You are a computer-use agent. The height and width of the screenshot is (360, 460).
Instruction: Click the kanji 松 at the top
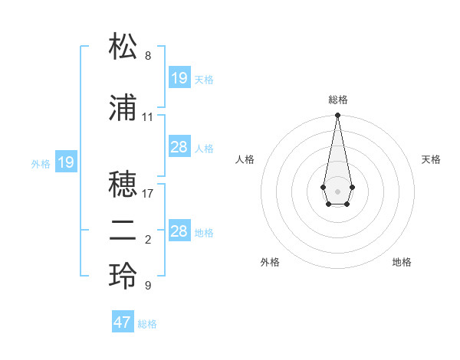123,47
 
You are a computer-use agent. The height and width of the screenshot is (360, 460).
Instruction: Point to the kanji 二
123,231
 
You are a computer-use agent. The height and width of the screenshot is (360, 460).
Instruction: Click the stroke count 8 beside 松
148,56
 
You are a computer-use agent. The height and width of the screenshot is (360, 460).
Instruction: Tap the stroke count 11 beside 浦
148,117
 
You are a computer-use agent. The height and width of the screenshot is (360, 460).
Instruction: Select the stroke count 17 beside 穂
148,194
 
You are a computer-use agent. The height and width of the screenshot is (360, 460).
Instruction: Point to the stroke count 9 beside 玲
148,286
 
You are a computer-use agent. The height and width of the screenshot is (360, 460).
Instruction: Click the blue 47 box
123,322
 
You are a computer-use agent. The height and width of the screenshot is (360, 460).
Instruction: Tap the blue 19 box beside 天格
179,78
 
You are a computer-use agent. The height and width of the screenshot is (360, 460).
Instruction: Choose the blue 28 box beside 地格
179,231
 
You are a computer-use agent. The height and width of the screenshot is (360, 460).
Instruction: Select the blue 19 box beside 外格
66,162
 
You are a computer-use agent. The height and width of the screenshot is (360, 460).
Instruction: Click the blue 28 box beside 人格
179,147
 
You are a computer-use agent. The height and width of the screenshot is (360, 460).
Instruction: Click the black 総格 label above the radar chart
338,100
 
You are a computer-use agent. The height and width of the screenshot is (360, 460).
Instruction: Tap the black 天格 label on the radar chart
432,159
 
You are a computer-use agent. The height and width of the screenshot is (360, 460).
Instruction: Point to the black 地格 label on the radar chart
402,262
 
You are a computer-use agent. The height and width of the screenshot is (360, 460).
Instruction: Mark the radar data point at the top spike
337,116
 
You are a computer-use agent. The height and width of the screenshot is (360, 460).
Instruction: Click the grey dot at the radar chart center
337,190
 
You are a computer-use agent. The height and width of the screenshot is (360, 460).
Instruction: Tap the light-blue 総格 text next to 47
147,324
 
